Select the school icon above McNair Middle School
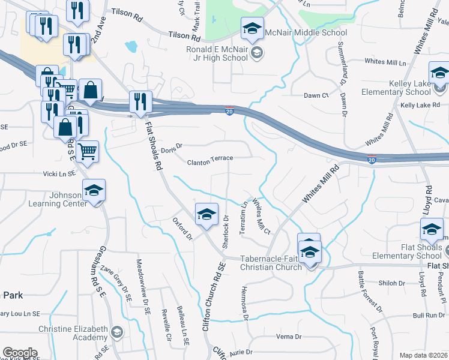pos(253,28)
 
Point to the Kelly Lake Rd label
pos(420,105)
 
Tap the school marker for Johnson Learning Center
pos(94,191)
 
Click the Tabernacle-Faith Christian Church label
pos(271,263)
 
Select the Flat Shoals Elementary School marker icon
pos(432,230)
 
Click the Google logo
pos(20,353)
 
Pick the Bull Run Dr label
pos(427,315)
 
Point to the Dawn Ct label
pos(316,95)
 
